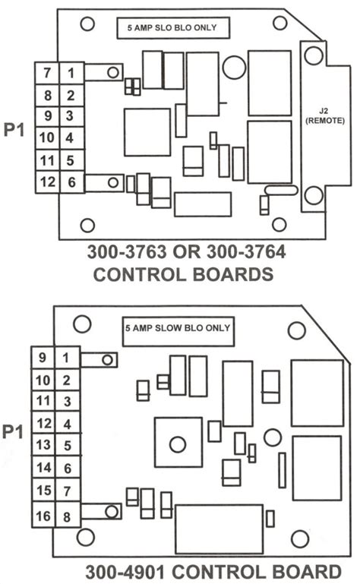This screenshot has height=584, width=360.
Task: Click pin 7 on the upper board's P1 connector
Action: point(47,73)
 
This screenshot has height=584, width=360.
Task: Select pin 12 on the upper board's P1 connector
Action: point(47,182)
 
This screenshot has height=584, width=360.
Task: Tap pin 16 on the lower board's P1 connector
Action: point(43,516)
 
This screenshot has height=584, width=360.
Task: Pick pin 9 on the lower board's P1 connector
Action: point(43,358)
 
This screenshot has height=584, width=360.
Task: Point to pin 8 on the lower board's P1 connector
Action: point(67,516)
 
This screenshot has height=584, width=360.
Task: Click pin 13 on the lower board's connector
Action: point(43,444)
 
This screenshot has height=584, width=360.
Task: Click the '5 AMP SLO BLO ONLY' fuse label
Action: point(172,27)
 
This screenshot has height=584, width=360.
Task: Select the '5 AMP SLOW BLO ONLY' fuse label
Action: point(178,328)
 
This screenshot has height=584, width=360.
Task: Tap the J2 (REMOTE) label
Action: point(325,116)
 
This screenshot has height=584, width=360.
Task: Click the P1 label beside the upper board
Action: point(14,130)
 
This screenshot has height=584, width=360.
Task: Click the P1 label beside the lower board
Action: point(13,431)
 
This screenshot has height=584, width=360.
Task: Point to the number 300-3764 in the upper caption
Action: point(246,252)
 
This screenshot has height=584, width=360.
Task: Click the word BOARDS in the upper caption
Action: point(233,274)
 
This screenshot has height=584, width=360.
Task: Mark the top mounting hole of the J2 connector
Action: point(314,55)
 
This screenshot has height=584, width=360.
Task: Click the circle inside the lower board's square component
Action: point(178,444)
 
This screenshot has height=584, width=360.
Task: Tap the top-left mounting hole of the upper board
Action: point(87,24)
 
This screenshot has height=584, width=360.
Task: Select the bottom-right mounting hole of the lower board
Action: point(300,539)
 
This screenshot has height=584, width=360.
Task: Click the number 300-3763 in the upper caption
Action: point(127,252)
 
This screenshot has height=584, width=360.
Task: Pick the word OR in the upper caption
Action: point(186,252)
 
